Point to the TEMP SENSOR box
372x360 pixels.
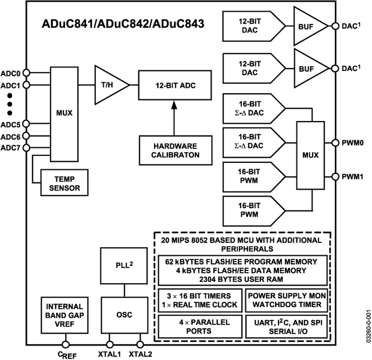coord(65,183)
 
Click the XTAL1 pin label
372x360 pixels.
coord(109,353)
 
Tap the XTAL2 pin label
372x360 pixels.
coord(139,353)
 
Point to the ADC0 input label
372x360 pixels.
coord(11,73)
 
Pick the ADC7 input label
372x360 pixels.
coord(11,148)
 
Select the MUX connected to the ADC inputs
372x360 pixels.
coord(65,113)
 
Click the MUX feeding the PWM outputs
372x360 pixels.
coord(310,155)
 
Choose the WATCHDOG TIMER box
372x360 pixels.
coord(286,299)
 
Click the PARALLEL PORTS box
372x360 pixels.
coord(199,326)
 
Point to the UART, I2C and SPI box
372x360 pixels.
coord(286,326)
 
